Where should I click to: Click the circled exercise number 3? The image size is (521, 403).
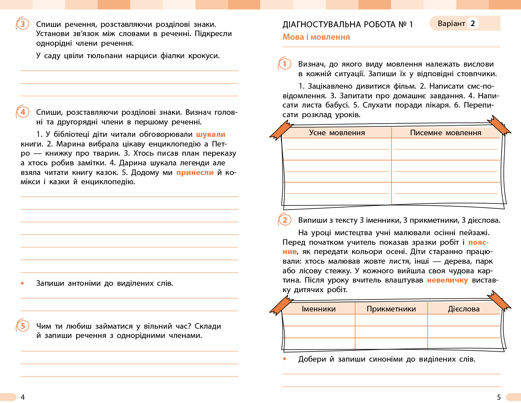pyautogui.click(x=22, y=24)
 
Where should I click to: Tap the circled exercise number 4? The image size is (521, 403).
pyautogui.click(x=22, y=112)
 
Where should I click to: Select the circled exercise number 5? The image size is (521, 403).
pyautogui.click(x=22, y=326)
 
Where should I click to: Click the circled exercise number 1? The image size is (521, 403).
pyautogui.click(x=285, y=64)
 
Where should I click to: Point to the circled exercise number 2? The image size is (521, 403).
pyautogui.click(x=285, y=220)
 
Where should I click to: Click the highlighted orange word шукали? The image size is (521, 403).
pyautogui.click(x=211, y=134)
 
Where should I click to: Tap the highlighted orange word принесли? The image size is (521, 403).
pyautogui.click(x=195, y=173)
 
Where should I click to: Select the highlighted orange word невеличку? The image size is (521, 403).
pyautogui.click(x=447, y=280)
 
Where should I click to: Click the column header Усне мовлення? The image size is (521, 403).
pyautogui.click(x=337, y=133)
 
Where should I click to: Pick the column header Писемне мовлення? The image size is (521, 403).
pyautogui.click(x=446, y=133)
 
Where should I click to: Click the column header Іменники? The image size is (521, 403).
pyautogui.click(x=318, y=309)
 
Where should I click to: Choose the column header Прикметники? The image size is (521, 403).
pyautogui.click(x=391, y=309)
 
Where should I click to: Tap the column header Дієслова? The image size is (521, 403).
pyautogui.click(x=464, y=309)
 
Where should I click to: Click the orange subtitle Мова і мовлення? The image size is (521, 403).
pyautogui.click(x=316, y=37)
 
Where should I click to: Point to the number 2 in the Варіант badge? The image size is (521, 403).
pyautogui.click(x=472, y=23)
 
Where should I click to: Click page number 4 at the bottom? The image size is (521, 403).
pyautogui.click(x=22, y=397)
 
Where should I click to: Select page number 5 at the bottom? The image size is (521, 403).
pyautogui.click(x=499, y=397)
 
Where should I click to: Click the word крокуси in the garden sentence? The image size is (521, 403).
pyautogui.click(x=204, y=56)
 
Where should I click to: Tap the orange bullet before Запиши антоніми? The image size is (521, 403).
pyautogui.click(x=22, y=283)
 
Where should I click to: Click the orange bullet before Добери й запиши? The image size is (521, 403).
pyautogui.click(x=285, y=359)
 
